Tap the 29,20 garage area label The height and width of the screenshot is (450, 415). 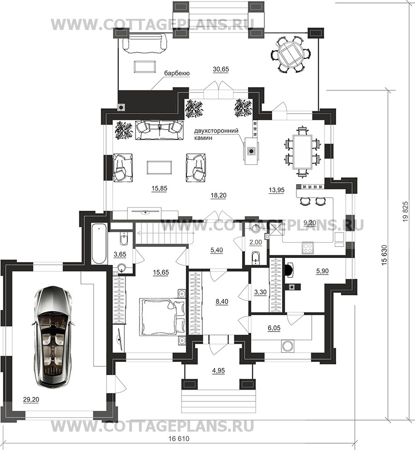click(x=31, y=399)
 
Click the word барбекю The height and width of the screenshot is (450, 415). click(x=177, y=73)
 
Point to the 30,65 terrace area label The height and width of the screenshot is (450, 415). click(x=221, y=69)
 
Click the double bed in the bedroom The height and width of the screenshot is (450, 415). click(x=163, y=317)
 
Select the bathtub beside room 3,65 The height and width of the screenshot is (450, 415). click(x=99, y=244)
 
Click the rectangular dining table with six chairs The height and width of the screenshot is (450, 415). click(x=302, y=152)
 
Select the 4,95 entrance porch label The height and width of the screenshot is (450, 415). click(x=218, y=371)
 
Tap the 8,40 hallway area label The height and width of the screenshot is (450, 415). click(x=222, y=302)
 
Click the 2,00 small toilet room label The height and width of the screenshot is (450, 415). click(x=255, y=243)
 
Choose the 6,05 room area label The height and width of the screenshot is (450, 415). click(x=274, y=328)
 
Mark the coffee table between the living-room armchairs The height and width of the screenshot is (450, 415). click(x=160, y=167)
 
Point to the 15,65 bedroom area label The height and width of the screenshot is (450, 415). click(x=161, y=272)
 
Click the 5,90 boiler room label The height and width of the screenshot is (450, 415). click(x=322, y=271)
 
